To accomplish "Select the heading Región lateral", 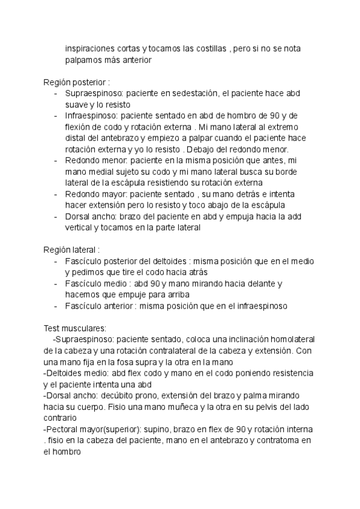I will (x=71, y=250).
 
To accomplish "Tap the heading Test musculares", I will (x=75, y=328).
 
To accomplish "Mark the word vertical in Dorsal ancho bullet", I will (x=80, y=228).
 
